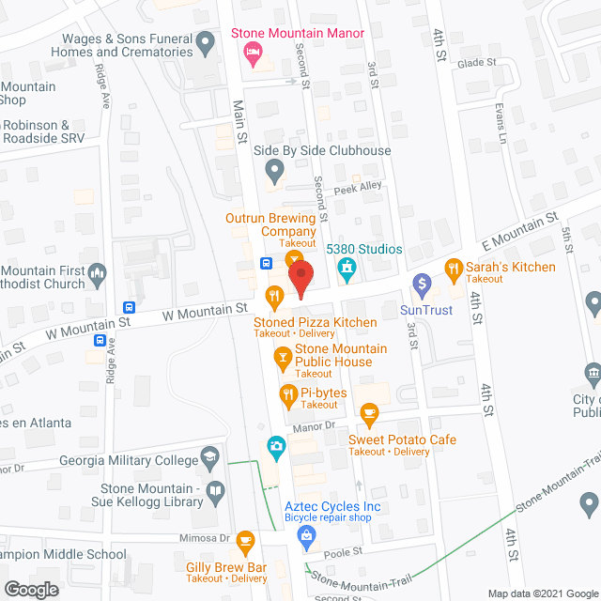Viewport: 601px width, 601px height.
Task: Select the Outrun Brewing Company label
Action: (x=270, y=224)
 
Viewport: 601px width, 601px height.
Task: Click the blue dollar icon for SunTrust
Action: (x=422, y=282)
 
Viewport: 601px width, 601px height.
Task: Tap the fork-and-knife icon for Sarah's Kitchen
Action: (x=454, y=268)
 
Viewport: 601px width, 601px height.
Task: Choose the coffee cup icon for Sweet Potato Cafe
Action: (x=369, y=412)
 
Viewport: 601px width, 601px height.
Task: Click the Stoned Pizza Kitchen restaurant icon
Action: (x=274, y=299)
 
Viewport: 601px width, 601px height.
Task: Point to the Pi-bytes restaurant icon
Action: (x=286, y=393)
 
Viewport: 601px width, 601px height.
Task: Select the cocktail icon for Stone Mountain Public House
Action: (x=281, y=356)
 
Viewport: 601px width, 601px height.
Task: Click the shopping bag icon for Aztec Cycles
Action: (x=304, y=536)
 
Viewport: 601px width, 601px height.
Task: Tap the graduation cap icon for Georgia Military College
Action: (x=211, y=459)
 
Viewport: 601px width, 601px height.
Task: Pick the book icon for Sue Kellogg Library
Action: (x=215, y=491)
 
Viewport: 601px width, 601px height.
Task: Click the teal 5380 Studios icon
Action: (x=346, y=270)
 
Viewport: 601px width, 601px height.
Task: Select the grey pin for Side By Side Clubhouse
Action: (x=274, y=170)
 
